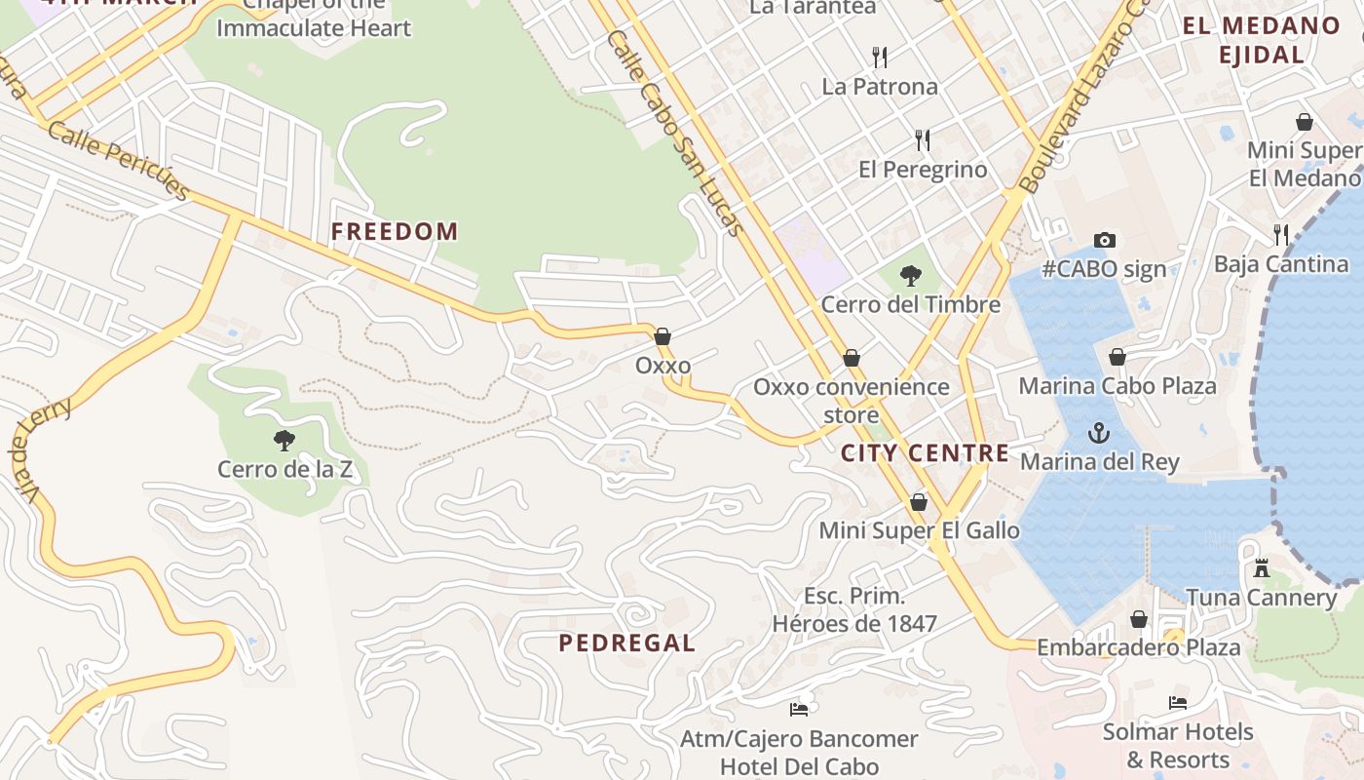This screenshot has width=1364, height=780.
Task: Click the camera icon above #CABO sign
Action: pyautogui.click(x=1104, y=240)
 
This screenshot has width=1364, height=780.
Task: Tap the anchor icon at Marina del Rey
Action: pyautogui.click(x=1099, y=432)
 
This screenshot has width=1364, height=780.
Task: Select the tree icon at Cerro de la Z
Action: pyautogui.click(x=284, y=440)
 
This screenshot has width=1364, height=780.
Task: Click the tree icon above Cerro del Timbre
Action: pyautogui.click(x=911, y=275)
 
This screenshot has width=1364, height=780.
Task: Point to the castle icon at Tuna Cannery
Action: pyautogui.click(x=1262, y=567)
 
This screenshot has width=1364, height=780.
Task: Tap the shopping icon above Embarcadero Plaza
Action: pyautogui.click(x=1138, y=619)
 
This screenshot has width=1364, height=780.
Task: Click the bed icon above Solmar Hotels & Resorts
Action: pyautogui.click(x=1177, y=703)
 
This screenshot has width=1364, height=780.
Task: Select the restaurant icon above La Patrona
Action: pyautogui.click(x=880, y=57)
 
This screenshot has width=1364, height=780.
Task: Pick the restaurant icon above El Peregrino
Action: pyautogui.click(x=923, y=140)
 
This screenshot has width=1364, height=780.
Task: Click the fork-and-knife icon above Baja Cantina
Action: pyautogui.click(x=1281, y=234)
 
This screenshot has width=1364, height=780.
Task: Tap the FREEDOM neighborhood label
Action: pyautogui.click(x=394, y=231)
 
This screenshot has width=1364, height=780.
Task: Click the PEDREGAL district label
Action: pyautogui.click(x=626, y=643)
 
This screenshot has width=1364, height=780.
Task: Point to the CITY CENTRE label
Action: pyautogui.click(x=925, y=452)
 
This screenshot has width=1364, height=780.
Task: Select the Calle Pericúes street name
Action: pyautogui.click(x=118, y=161)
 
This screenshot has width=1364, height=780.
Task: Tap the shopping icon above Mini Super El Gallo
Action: pyautogui.click(x=918, y=502)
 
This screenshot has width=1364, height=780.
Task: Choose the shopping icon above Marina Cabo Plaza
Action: pyautogui.click(x=1118, y=357)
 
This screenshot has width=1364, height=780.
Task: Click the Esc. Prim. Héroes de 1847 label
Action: pyautogui.click(x=854, y=609)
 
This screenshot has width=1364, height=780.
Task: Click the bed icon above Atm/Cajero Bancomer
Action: pyautogui.click(x=799, y=710)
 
